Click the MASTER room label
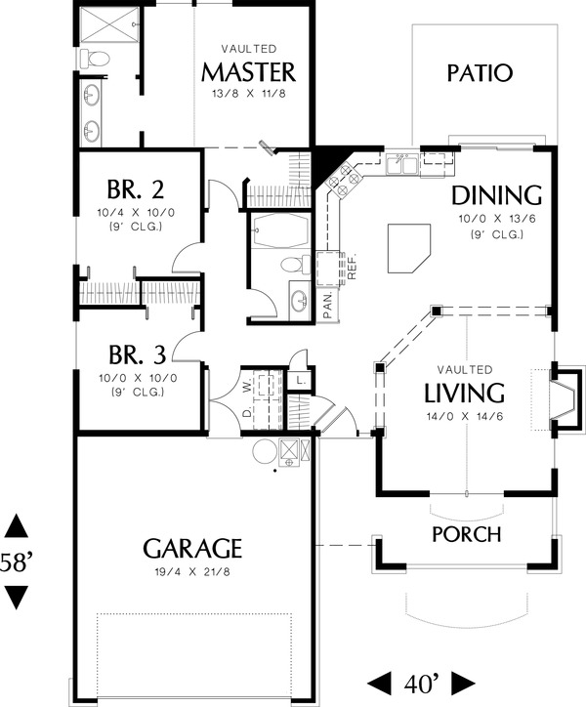[x=248, y=72]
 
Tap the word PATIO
[x=480, y=73]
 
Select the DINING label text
[x=498, y=193]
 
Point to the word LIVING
[x=464, y=394]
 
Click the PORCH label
[x=467, y=534]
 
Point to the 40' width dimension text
[x=423, y=681]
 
